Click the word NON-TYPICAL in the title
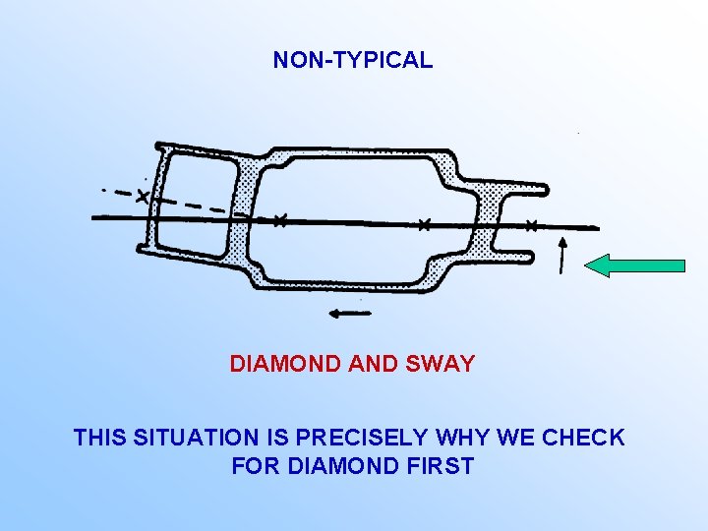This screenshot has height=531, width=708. click(x=352, y=60)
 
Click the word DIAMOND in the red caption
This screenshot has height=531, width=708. click(x=285, y=364)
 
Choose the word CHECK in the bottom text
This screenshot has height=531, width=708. click(x=587, y=438)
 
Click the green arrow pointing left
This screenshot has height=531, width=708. click(x=634, y=265)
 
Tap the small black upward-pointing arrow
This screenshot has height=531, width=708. click(x=561, y=254)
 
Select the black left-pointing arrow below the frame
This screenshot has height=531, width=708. click(x=349, y=314)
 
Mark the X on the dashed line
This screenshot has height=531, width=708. click(x=144, y=196)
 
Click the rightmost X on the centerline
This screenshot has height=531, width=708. click(x=531, y=225)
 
